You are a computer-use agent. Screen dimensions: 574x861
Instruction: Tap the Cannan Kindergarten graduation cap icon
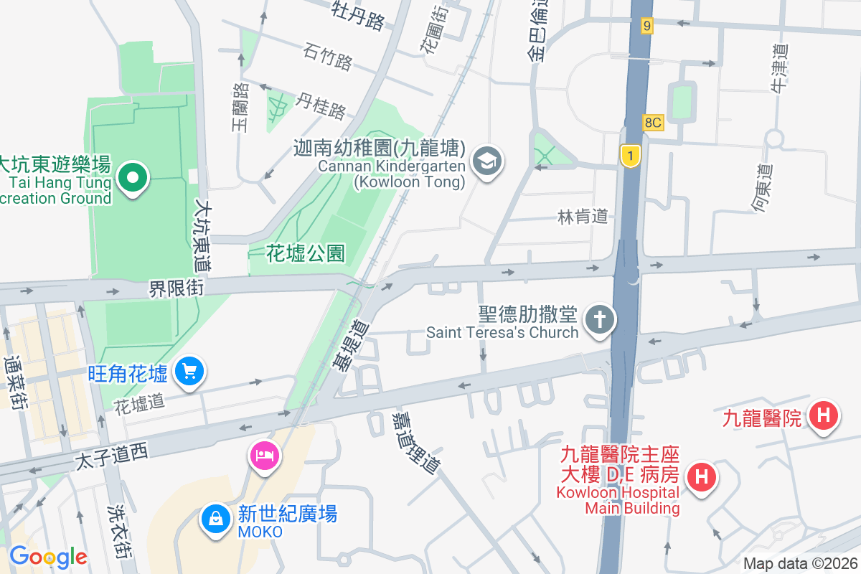pyautogui.click(x=488, y=161)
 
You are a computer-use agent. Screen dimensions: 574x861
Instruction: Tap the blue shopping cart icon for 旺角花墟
pyautogui.click(x=189, y=372)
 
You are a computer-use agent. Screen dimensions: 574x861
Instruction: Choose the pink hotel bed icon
pyautogui.click(x=264, y=455)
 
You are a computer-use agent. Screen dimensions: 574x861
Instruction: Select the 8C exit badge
pyautogui.click(x=652, y=123)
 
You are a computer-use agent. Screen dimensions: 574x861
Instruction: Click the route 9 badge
pyautogui.click(x=647, y=27)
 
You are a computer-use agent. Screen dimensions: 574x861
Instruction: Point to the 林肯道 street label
pyautogui.click(x=583, y=216)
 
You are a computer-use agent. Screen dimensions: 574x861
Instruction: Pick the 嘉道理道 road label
pyautogui.click(x=415, y=442)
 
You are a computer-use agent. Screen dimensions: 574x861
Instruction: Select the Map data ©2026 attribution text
pyautogui.click(x=800, y=564)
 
